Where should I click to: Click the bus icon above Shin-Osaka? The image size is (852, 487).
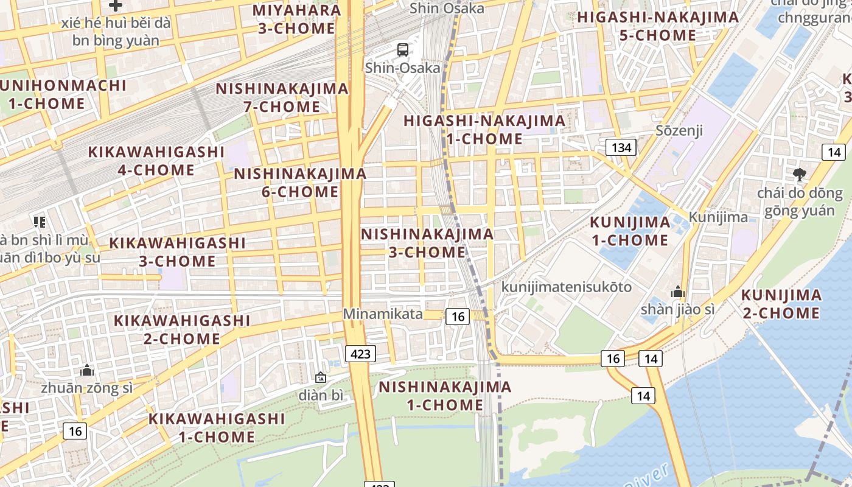(x=402, y=50)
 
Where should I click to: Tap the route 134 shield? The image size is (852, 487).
(x=621, y=147)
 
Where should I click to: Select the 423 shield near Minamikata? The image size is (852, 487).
(x=360, y=354)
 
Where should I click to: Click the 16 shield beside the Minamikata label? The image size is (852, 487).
(x=458, y=316)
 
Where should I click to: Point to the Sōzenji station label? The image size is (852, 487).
(x=679, y=130)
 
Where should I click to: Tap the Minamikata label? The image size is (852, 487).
(x=383, y=314)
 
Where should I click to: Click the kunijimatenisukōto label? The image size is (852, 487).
(x=567, y=287)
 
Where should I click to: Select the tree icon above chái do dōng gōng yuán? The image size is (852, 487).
(x=799, y=175)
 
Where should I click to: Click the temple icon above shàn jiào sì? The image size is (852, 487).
(x=677, y=292)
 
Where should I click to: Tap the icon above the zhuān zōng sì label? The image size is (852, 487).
(x=87, y=370)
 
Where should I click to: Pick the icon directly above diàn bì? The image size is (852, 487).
(x=321, y=378)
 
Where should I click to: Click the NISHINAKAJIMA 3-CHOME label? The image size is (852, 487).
(x=427, y=243)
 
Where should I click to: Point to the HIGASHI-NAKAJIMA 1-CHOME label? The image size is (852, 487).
(x=484, y=130)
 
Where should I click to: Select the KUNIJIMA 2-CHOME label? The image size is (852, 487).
(x=781, y=304)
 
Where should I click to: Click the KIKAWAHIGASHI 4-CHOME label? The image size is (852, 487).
(x=156, y=161)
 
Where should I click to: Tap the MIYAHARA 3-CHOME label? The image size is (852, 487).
(x=296, y=19)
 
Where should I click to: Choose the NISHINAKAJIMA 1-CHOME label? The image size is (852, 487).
(x=445, y=396)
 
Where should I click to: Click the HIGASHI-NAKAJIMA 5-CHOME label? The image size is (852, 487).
(x=657, y=26)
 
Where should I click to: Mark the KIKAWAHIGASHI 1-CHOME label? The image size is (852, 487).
(x=217, y=427)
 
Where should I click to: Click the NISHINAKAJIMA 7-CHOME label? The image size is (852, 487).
(x=282, y=97)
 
